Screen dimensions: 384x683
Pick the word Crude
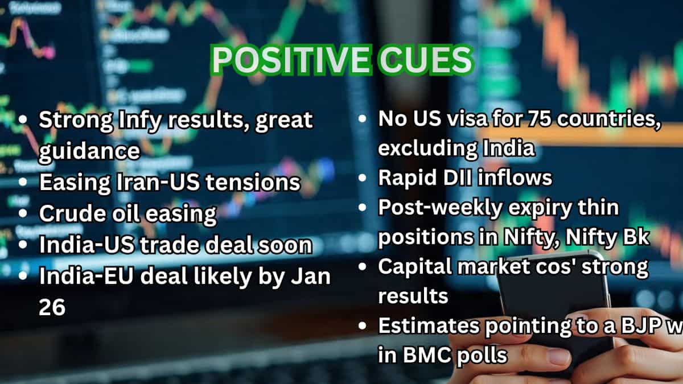(x=70, y=214)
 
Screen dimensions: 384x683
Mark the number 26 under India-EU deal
(x=52, y=307)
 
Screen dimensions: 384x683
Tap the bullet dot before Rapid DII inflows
(x=363, y=179)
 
